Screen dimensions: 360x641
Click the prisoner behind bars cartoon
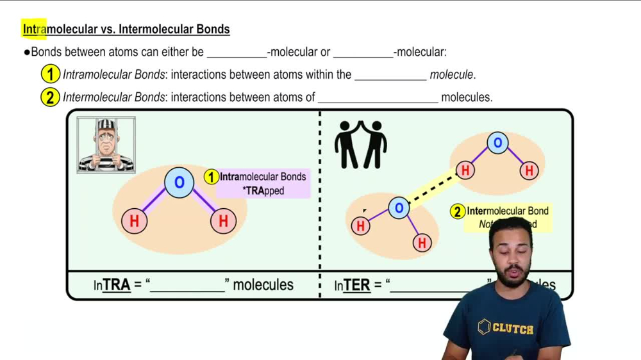[106, 145]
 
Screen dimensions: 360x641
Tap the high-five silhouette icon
[360, 145]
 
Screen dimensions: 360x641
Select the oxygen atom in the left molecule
[179, 183]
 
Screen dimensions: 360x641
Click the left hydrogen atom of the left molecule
[135, 221]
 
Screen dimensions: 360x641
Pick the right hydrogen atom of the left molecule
[223, 221]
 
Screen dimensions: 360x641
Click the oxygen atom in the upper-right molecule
[497, 142]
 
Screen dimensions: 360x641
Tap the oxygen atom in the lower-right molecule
[399, 208]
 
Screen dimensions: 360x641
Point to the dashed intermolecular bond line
[433, 188]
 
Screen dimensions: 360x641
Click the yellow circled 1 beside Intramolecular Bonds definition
[50, 74]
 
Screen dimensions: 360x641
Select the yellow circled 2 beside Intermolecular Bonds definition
[50, 97]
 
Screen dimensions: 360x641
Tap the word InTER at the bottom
[352, 285]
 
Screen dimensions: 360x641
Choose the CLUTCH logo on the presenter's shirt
[506, 328]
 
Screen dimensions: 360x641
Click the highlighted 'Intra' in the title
[35, 29]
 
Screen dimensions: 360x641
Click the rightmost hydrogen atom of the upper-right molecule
[529, 170]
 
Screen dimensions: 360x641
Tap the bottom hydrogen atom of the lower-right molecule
[421, 243]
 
